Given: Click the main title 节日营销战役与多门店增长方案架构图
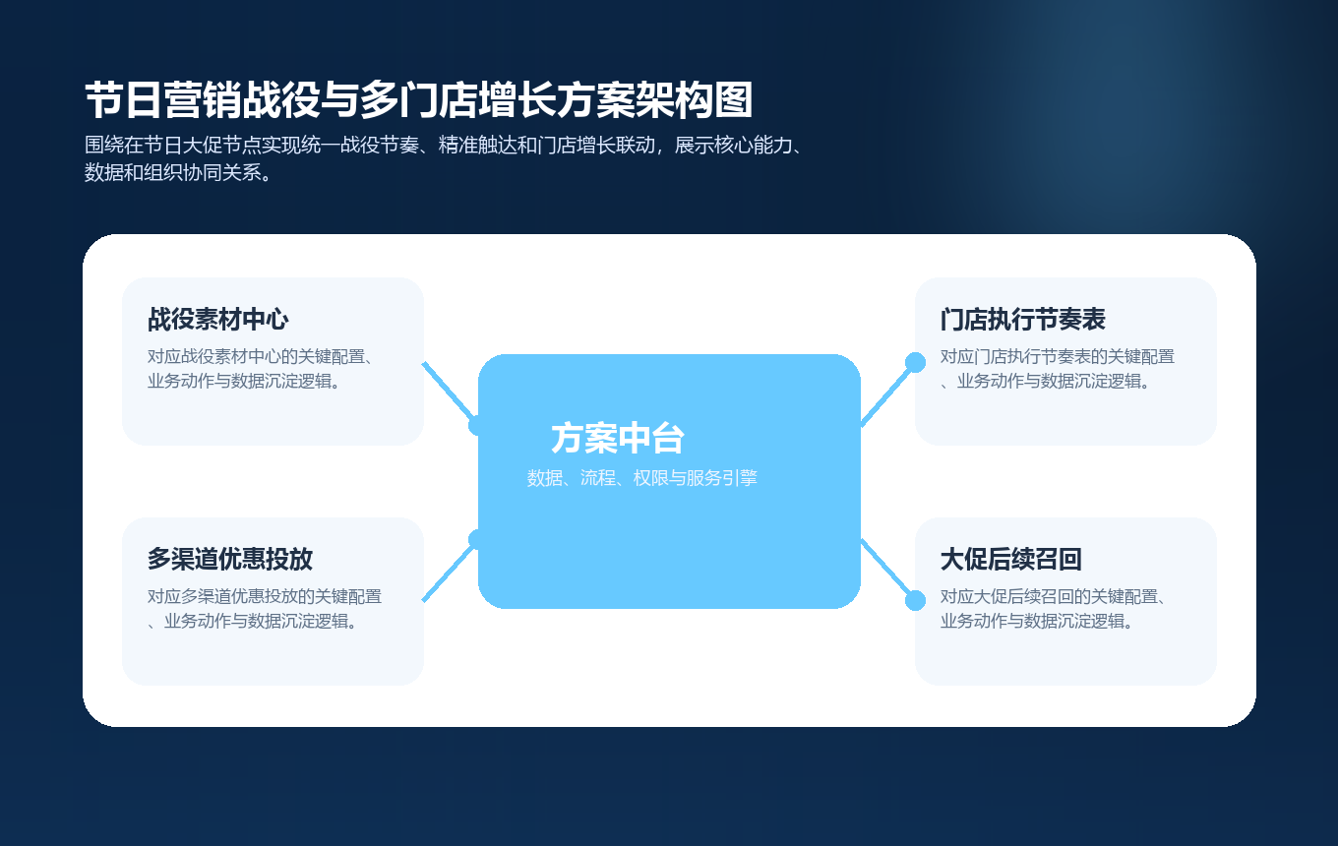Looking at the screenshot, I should pyautogui.click(x=418, y=101).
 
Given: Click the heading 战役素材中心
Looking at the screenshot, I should pyautogui.click(x=217, y=320).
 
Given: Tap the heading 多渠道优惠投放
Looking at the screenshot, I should pyautogui.click(x=230, y=560).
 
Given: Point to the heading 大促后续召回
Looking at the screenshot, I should pyautogui.click(x=1011, y=560).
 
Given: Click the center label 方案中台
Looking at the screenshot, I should pyautogui.click(x=618, y=439).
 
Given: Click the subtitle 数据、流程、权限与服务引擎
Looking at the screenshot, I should pyautogui.click(x=641, y=479).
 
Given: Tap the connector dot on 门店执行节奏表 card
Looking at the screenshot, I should pyautogui.click(x=915, y=362).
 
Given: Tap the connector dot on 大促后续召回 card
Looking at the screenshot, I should pyautogui.click(x=915, y=600).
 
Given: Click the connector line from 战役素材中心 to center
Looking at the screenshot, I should pyautogui.click(x=448, y=392).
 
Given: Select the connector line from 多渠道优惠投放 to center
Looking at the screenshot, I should pyautogui.click(x=448, y=572).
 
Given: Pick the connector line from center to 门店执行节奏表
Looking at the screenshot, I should pyautogui.click(x=887, y=393).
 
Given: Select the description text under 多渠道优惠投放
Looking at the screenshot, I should pyautogui.click(x=264, y=609).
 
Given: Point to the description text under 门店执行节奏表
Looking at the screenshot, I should pyautogui.click(x=1057, y=369).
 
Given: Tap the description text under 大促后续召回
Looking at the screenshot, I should pyautogui.click(x=1053, y=609).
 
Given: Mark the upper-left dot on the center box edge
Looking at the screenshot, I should pyautogui.click(x=478, y=425).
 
